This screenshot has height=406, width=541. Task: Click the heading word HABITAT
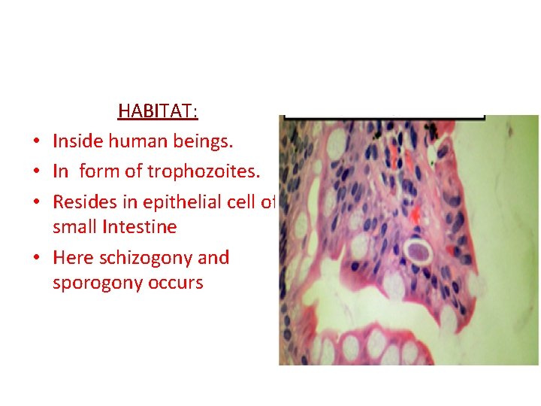coord(157,112)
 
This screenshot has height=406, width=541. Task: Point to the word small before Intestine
coord(74,226)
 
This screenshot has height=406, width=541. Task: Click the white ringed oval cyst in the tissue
coord(416,250)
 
